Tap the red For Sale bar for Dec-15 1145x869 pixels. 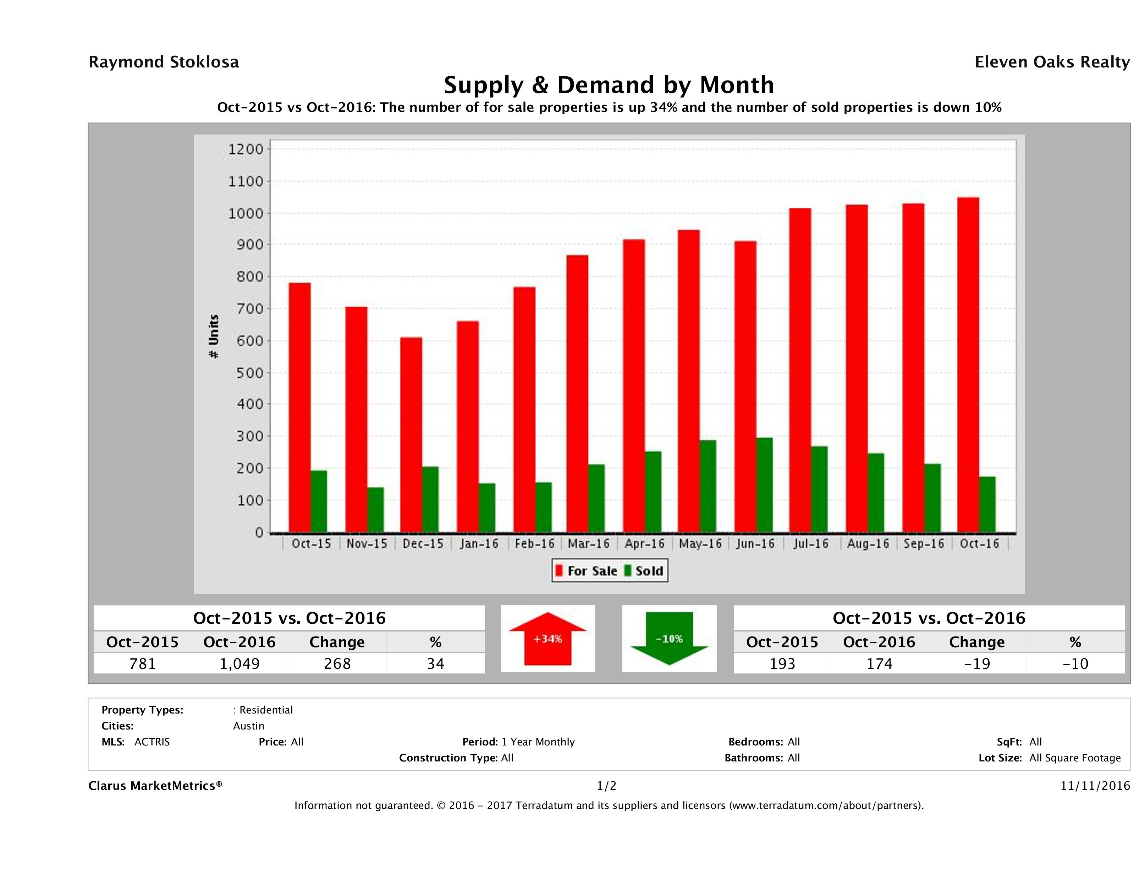[411, 435]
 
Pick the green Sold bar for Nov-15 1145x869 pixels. [376, 510]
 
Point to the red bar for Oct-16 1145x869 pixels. [968, 365]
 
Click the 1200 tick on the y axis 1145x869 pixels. [246, 150]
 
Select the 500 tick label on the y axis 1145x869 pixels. [246, 373]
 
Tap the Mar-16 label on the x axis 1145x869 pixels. [589, 544]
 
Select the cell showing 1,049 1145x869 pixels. [240, 663]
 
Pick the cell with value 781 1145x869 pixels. [142, 663]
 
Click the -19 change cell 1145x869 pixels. [977, 663]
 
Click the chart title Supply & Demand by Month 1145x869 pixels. [609, 85]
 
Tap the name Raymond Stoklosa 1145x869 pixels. [164, 62]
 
